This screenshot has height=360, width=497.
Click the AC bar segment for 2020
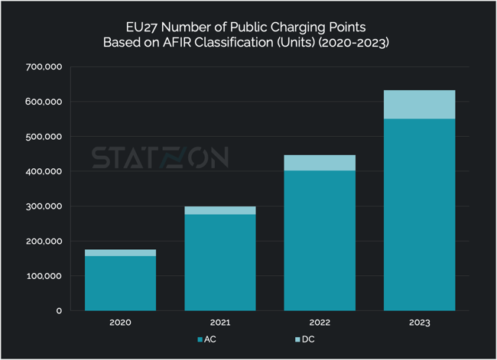pyautogui.click(x=120, y=283)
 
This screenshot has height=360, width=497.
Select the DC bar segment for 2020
pyautogui.click(x=120, y=252)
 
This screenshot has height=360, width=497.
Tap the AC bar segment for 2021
pyautogui.click(x=220, y=262)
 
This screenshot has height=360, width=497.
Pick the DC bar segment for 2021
pyautogui.click(x=220, y=210)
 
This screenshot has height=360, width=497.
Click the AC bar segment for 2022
pyautogui.click(x=320, y=240)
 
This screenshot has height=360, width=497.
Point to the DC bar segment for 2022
pyautogui.click(x=320, y=162)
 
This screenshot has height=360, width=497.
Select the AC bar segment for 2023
pyautogui.click(x=420, y=214)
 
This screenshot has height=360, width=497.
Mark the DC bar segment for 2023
pyautogui.click(x=420, y=104)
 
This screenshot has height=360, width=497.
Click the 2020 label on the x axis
pyautogui.click(x=120, y=323)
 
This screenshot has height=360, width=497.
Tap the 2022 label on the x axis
pyautogui.click(x=320, y=323)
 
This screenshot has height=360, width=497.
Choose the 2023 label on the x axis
pyautogui.click(x=420, y=323)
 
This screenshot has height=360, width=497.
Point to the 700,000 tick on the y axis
pyautogui.click(x=43, y=67)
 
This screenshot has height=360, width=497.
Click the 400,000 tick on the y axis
pyautogui.click(x=43, y=172)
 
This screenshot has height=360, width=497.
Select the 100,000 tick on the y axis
pyautogui.click(x=43, y=276)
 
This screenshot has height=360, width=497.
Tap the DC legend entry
pyautogui.click(x=304, y=339)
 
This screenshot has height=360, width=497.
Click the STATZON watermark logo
pyautogui.click(x=160, y=157)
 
